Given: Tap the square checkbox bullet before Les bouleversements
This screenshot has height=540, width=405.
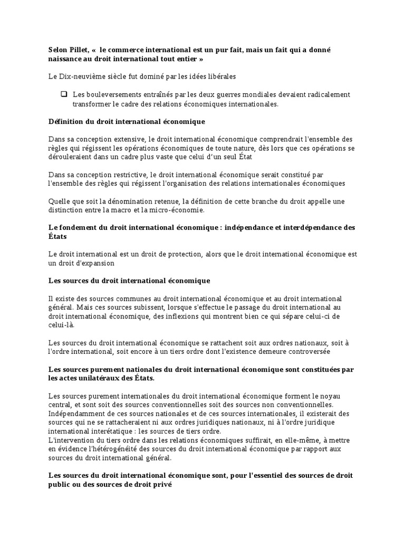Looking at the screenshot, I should click(64, 94).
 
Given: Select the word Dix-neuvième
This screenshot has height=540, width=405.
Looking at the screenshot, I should click(80, 76).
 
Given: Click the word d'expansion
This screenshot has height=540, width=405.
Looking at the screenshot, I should click(95, 263).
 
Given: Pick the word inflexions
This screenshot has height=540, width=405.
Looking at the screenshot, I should click(214, 316).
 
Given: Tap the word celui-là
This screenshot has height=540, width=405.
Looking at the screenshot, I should click(60, 325).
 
